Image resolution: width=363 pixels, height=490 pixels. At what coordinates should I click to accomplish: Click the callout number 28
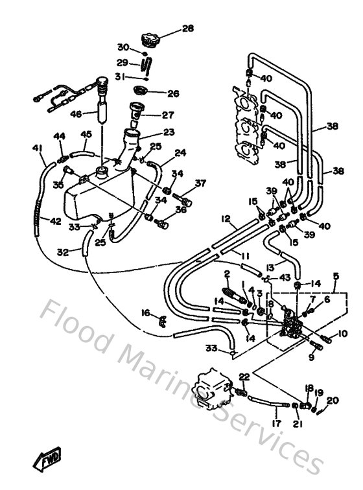187,28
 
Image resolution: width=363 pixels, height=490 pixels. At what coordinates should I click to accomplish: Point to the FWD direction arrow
47,461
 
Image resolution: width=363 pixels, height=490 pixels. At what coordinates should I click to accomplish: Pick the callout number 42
56,222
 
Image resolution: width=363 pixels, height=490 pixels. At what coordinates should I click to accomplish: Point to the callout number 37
200,183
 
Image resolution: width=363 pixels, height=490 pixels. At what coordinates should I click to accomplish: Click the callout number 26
172,93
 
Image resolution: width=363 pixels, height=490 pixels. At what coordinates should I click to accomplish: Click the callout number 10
343,336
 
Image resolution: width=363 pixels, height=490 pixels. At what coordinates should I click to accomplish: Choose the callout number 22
244,377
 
